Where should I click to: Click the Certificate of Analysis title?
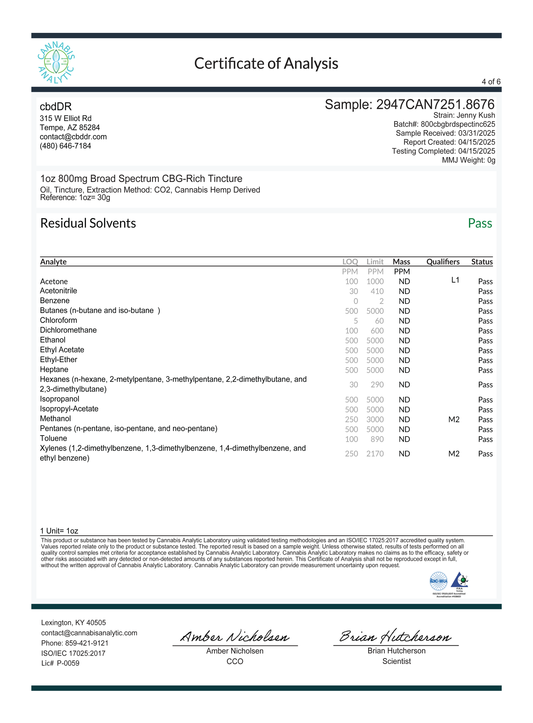266,63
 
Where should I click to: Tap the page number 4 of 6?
491,82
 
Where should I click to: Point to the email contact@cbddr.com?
73,136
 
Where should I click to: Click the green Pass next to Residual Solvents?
480,223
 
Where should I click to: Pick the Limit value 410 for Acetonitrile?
377,291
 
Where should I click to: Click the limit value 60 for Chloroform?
379,321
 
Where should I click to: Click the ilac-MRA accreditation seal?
439,581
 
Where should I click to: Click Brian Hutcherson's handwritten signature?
396,636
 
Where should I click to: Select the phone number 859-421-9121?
87,643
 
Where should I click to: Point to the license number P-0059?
68,663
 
